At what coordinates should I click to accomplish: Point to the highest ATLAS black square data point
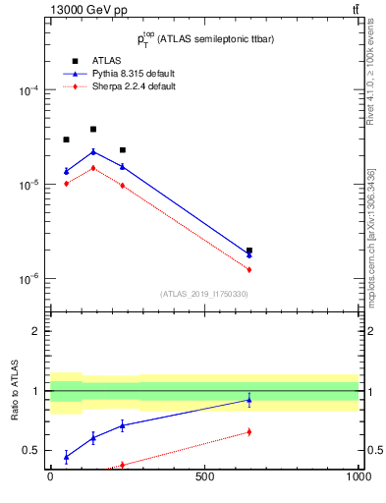[93, 129]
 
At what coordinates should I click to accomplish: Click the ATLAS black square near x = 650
[249, 251]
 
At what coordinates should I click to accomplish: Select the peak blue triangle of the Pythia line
[93, 151]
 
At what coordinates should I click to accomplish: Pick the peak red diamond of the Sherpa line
[93, 168]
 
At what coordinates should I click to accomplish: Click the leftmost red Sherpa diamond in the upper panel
[66, 184]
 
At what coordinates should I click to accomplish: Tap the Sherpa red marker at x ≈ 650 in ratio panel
[249, 431]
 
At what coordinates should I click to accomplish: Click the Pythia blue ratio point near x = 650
[249, 400]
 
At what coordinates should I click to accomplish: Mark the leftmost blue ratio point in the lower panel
[66, 457]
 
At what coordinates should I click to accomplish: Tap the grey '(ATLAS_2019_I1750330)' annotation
[203, 294]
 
